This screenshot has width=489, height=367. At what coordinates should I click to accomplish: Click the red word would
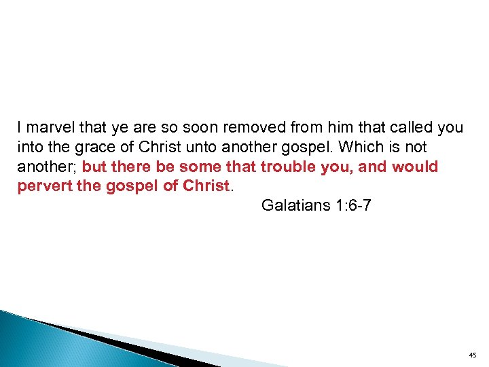click(x=415, y=167)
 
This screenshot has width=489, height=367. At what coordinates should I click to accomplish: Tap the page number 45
click(x=473, y=355)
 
